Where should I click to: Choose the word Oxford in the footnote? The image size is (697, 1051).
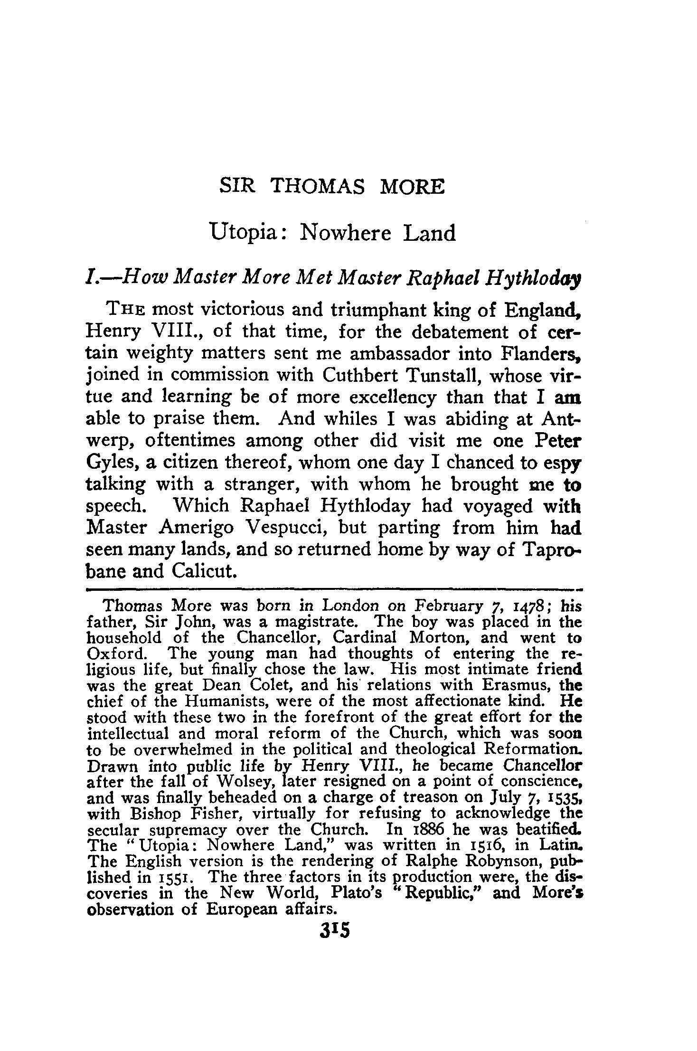117,653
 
